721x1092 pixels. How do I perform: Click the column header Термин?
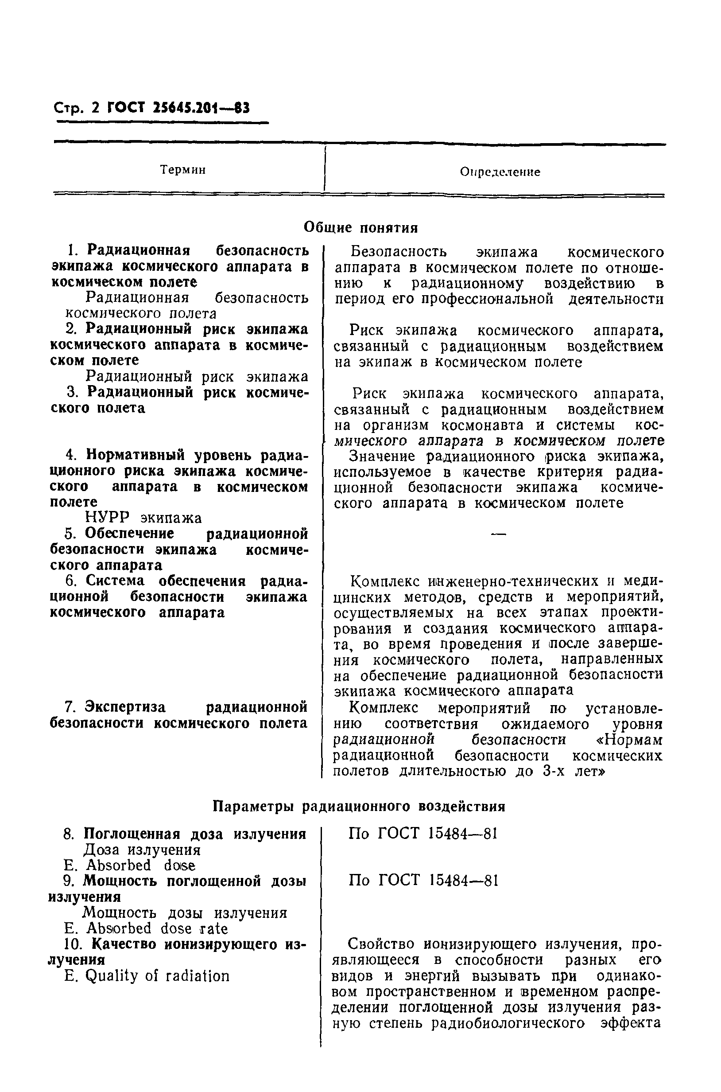point(182,170)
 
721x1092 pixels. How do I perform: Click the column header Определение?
point(500,172)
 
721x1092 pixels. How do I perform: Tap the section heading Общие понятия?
point(360,227)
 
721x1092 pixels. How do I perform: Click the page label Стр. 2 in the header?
point(76,108)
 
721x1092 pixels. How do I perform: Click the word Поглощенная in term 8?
point(131,834)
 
